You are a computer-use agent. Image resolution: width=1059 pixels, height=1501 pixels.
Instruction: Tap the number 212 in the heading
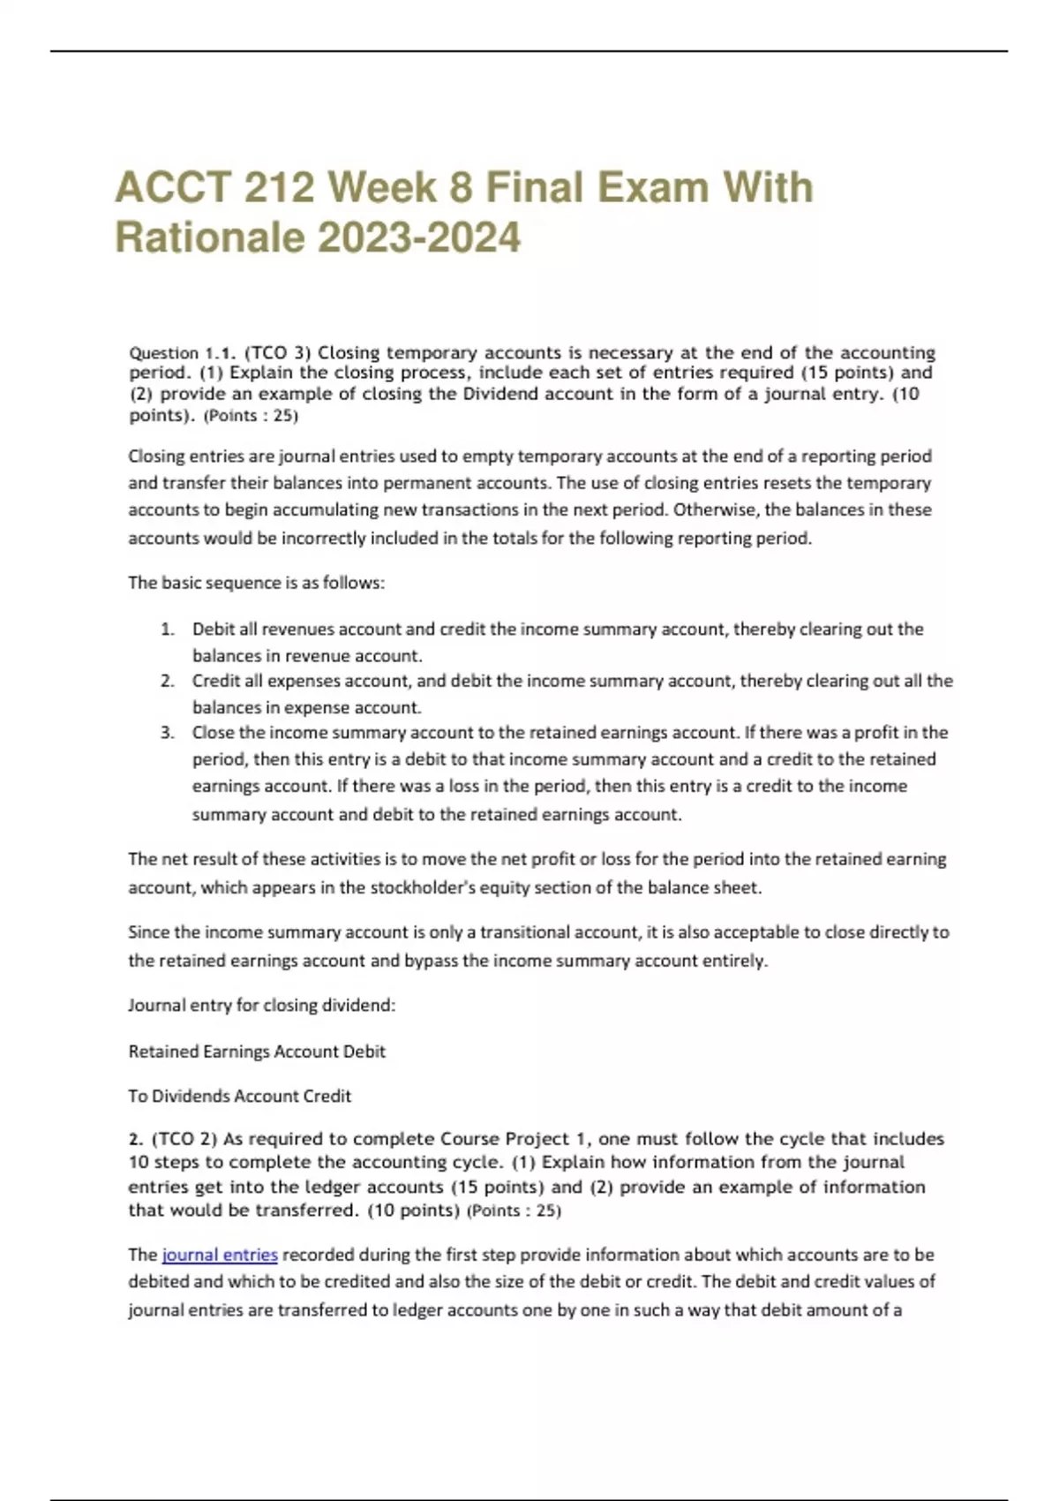pos(277,187)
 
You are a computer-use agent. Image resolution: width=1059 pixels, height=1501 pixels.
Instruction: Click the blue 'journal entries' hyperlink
pos(220,1255)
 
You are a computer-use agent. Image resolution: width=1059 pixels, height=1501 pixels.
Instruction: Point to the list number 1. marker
pos(168,630)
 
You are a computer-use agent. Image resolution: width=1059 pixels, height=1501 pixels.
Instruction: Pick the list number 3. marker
pos(168,733)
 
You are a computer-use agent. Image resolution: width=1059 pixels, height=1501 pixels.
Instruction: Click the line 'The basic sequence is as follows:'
pos(256,583)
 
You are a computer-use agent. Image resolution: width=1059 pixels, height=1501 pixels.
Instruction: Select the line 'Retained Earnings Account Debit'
pos(257,1052)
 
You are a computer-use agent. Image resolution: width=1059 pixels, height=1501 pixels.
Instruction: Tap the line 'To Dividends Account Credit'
pos(239,1096)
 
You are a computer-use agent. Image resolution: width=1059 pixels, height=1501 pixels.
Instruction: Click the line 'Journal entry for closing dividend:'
pos(261,1005)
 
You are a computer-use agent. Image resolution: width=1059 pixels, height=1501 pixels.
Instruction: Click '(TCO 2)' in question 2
pos(184,1139)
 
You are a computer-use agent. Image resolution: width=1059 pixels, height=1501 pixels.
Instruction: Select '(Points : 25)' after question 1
pos(251,416)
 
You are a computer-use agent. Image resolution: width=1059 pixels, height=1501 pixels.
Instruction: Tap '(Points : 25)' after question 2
pos(514,1211)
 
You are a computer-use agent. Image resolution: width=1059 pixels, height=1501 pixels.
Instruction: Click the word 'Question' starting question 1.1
pos(163,353)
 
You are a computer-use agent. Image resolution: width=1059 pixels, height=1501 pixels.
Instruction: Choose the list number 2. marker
pos(168,681)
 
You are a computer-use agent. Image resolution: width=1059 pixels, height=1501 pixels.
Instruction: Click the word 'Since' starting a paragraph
pos(146,932)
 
